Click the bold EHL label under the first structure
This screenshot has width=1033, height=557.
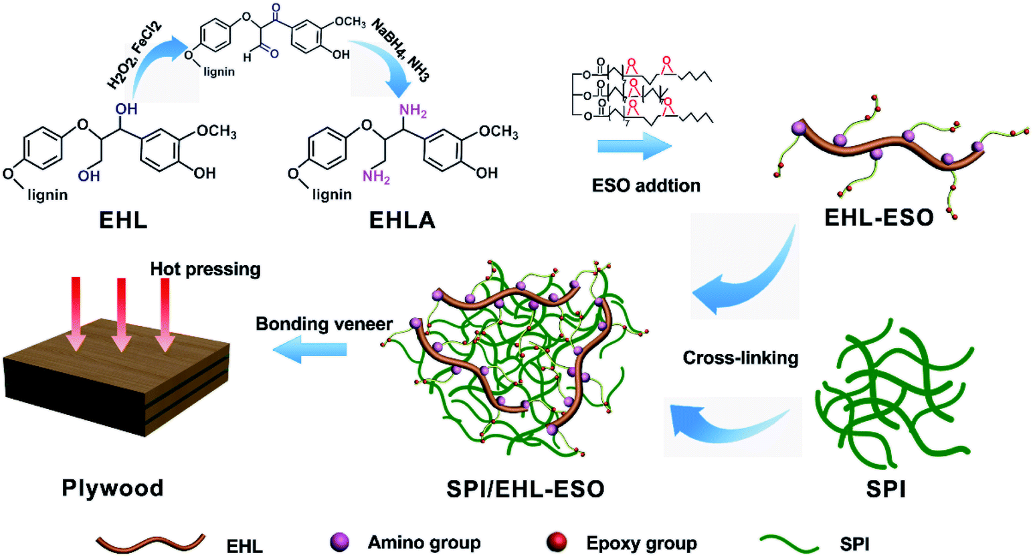[123, 220]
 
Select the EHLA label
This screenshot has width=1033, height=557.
[402, 220]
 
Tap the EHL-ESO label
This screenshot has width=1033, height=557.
[878, 216]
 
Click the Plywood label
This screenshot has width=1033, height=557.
[112, 487]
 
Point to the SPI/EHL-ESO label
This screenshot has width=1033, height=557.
[525, 489]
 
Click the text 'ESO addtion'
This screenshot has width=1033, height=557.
[646, 185]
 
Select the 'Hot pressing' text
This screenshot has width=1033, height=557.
[205, 268]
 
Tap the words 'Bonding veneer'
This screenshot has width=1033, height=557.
[324, 324]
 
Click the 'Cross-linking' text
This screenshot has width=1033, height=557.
[740, 357]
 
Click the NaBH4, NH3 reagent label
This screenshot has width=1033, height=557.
[400, 50]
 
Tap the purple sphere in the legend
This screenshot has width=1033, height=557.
[340, 542]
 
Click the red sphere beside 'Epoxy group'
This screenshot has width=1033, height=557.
[557, 542]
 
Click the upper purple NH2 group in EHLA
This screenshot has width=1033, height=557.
[413, 110]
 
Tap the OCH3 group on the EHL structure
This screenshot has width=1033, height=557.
[216, 132]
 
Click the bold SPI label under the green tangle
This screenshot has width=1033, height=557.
[886, 489]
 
